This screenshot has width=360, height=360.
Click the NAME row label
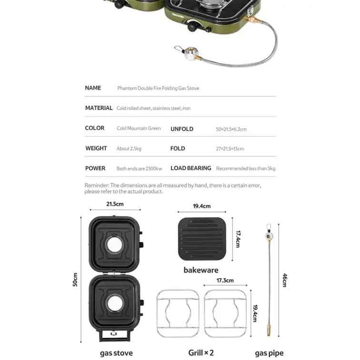[93, 88]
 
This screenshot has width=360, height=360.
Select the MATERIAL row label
[99, 108]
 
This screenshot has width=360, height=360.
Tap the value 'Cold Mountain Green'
[139, 128]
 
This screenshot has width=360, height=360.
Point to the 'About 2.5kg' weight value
[129, 149]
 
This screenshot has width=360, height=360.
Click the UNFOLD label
[182, 129]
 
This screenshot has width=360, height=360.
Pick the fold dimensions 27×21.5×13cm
[230, 149]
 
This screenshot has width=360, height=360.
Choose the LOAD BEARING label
[191, 168]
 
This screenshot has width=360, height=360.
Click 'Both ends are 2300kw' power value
[139, 169]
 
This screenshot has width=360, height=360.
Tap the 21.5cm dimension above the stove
[115, 204]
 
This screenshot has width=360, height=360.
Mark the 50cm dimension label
[75, 280]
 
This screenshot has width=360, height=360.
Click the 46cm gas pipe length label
[285, 280]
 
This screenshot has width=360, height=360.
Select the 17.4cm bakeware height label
[238, 239]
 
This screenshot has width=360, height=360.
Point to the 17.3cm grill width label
[225, 280]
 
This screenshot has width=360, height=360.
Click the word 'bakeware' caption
[201, 270]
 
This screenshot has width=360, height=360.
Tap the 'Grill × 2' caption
[201, 353]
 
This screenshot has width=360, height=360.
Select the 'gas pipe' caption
[269, 353]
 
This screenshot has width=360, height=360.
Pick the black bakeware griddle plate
[202, 239]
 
